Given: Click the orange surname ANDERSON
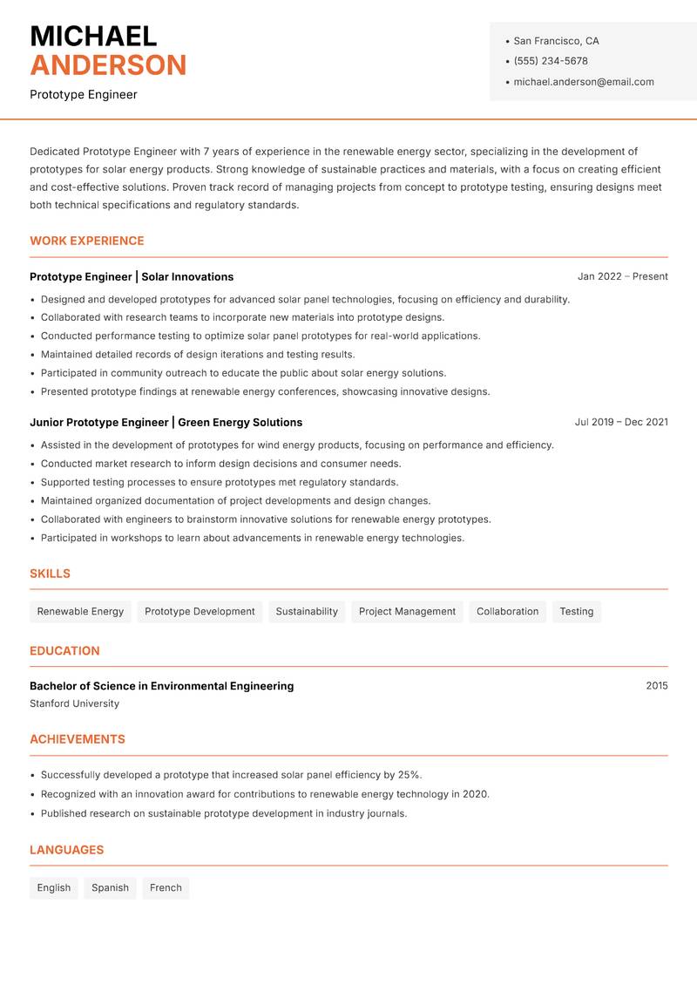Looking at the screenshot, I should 108,65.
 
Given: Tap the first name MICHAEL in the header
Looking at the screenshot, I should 93,36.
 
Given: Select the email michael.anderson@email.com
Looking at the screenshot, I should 583,82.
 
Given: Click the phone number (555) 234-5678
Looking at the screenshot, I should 550,61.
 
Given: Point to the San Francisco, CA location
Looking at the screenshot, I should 556,41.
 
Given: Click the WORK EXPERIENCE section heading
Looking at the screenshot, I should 87,241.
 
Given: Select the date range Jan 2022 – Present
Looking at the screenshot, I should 622,276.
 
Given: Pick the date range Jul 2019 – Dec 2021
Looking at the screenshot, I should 621,422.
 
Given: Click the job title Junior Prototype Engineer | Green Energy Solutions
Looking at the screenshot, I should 166,422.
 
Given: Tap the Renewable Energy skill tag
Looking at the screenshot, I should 80,611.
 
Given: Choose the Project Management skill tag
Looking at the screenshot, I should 407,611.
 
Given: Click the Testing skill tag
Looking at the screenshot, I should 576,611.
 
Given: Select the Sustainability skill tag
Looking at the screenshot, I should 307,611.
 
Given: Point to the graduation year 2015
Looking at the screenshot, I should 656,686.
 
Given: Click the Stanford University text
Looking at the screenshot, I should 74,703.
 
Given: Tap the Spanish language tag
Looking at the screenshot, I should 110,887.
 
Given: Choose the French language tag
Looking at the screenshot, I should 166,887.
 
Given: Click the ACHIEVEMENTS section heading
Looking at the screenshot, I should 78,739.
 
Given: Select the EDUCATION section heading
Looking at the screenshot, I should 64,650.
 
